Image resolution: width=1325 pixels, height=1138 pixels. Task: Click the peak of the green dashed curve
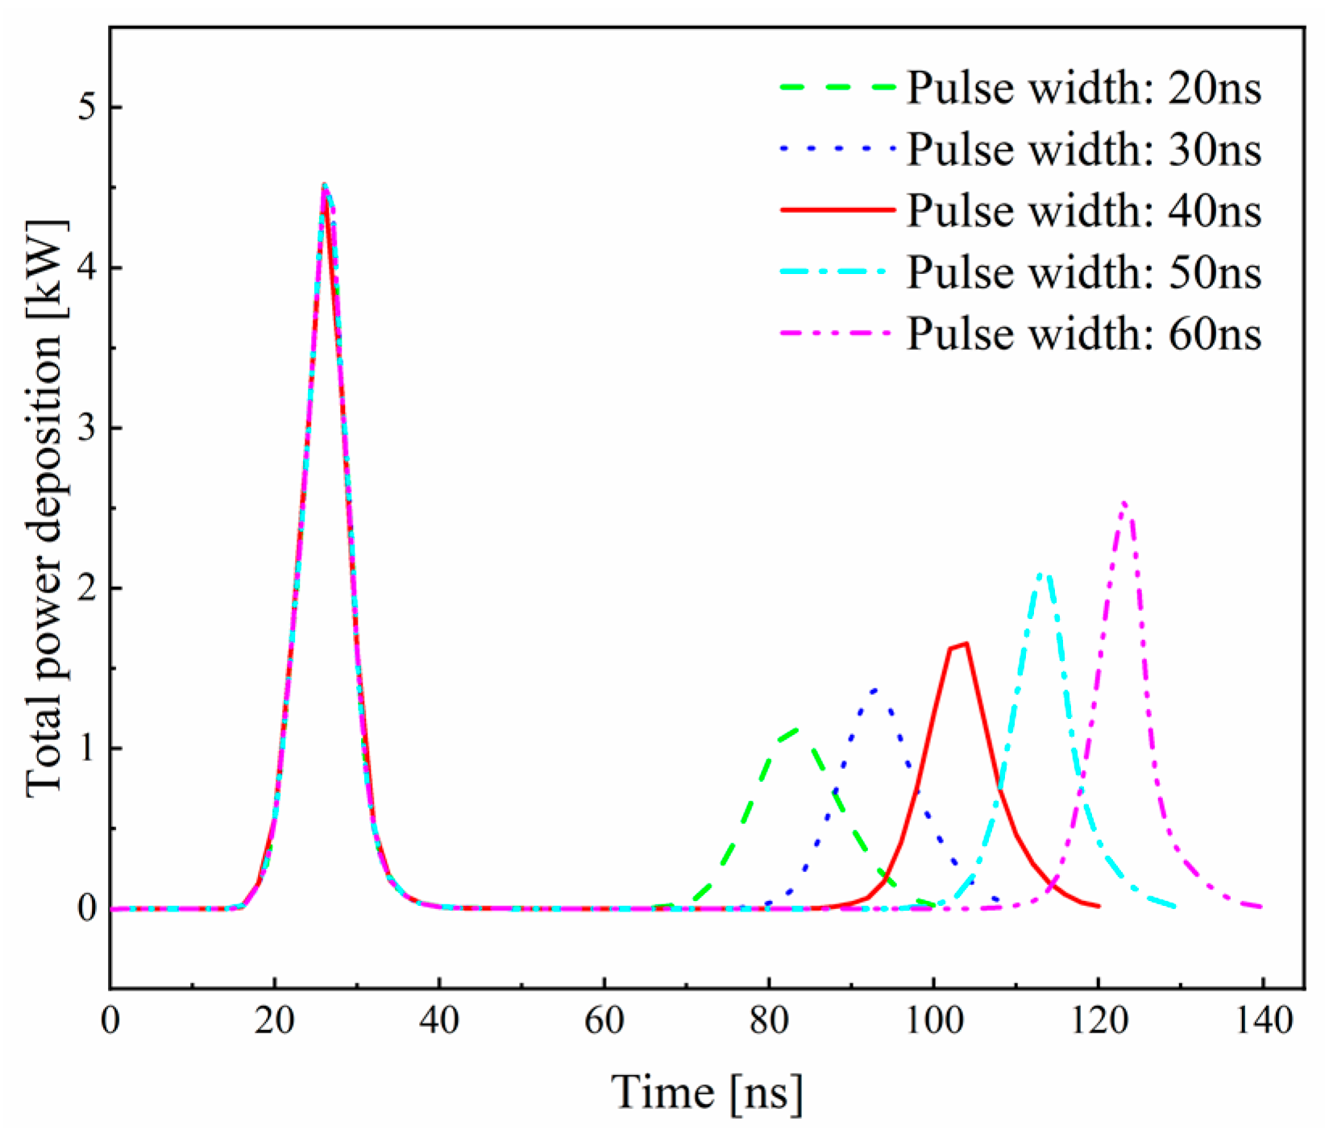click(x=796, y=729)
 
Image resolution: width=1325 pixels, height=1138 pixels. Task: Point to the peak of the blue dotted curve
click(x=876, y=690)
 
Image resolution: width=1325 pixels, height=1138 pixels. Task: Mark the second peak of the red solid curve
click(x=965, y=643)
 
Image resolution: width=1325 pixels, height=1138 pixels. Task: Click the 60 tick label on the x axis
click(x=604, y=1021)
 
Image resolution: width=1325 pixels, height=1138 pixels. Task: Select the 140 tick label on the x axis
click(x=1261, y=1021)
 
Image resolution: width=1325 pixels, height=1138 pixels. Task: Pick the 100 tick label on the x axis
click(x=932, y=1021)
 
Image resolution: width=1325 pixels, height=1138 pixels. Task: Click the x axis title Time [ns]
click(x=707, y=1093)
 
